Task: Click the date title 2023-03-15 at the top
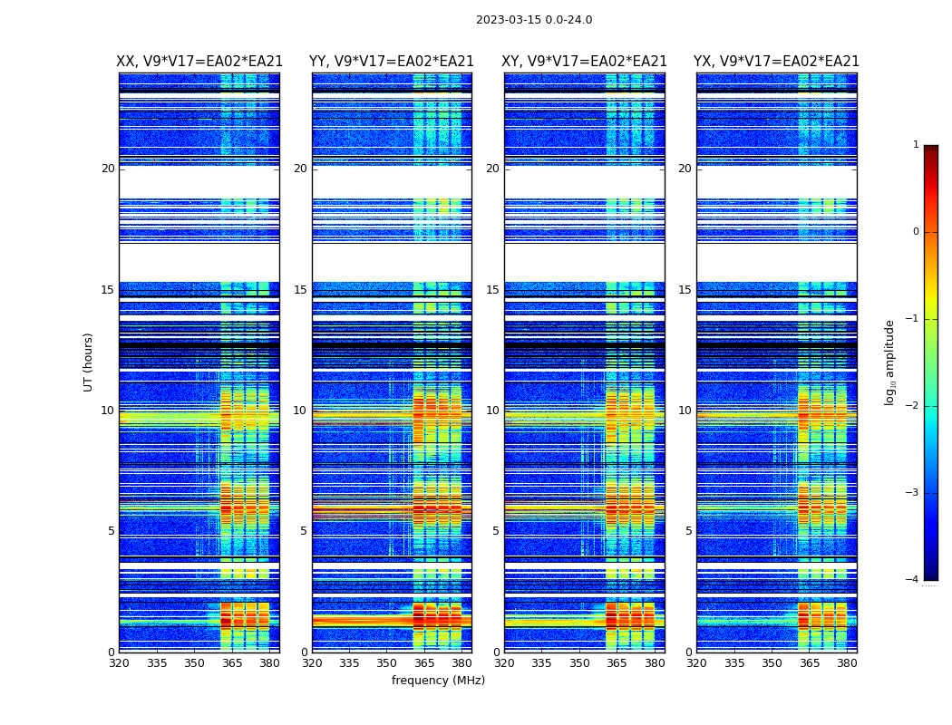pyautogui.click(x=533, y=20)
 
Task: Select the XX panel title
pyautogui.click(x=199, y=62)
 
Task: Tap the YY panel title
pyautogui.click(x=392, y=62)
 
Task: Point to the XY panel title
pyautogui.click(x=585, y=62)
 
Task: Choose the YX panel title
pyautogui.click(x=776, y=62)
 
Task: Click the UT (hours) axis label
pyautogui.click(x=89, y=362)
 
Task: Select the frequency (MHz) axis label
pyautogui.click(x=438, y=681)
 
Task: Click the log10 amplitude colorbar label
pyautogui.click(x=890, y=362)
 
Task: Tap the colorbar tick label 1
pyautogui.click(x=916, y=145)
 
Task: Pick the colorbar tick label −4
pyautogui.click(x=913, y=580)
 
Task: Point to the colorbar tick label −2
pyautogui.click(x=913, y=406)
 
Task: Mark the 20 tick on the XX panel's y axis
pyautogui.click(x=108, y=169)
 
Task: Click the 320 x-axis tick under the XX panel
pyautogui.click(x=119, y=663)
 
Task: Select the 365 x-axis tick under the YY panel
pyautogui.click(x=423, y=663)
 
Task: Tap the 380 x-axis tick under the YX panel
pyautogui.click(x=847, y=663)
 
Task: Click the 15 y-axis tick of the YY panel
pyautogui.click(x=300, y=290)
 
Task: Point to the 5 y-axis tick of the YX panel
pyautogui.click(x=688, y=531)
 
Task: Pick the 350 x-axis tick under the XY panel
pyautogui.click(x=579, y=663)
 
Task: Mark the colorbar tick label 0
pyautogui.click(x=916, y=232)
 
